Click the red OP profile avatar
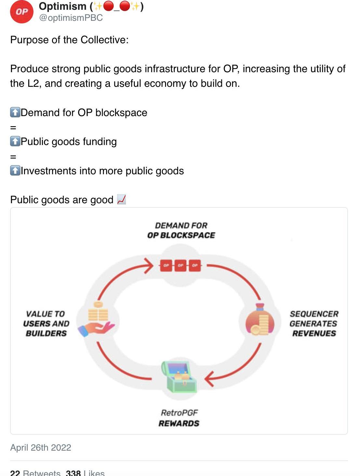[x=21, y=12]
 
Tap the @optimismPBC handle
[x=71, y=18]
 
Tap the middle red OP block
[x=180, y=265]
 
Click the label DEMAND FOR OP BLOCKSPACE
[x=181, y=230]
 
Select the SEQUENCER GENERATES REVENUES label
[x=314, y=324]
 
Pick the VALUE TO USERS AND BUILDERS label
[x=46, y=324]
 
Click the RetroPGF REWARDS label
[x=179, y=418]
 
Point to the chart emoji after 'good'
[x=121, y=199]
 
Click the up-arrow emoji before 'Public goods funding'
[x=15, y=141]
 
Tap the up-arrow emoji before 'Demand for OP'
[x=15, y=112]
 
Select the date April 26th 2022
[x=41, y=447]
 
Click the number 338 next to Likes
[x=73, y=473]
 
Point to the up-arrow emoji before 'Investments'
[x=15, y=171]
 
